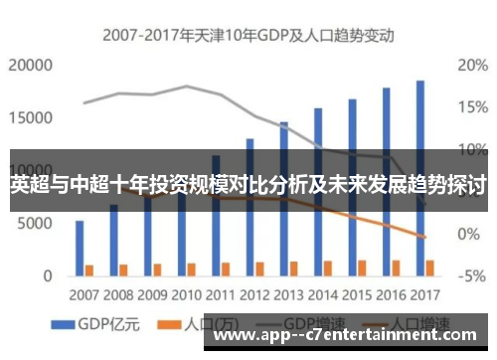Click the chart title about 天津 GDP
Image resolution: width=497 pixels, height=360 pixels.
point(248,36)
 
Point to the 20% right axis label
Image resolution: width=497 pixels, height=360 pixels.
point(471,66)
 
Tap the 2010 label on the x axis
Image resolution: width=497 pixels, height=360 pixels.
point(186,294)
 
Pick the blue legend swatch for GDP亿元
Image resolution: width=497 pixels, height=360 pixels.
point(65,324)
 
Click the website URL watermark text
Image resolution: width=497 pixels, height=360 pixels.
point(353,343)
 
